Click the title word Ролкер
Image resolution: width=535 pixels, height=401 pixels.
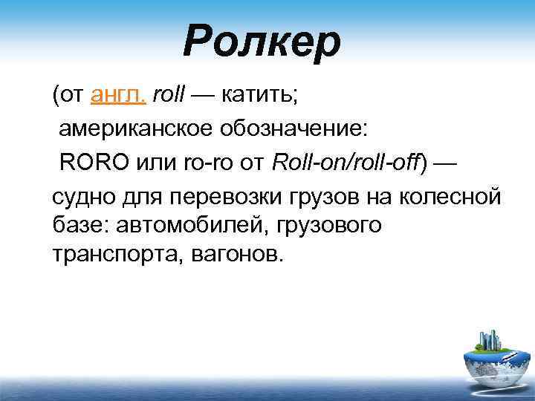[262, 42]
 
